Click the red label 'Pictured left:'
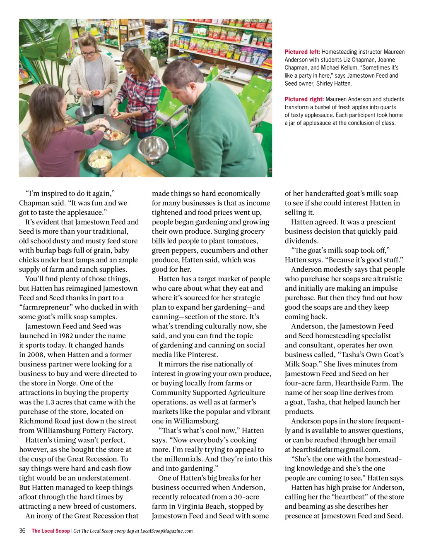[x=302, y=52]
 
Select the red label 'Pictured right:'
[x=304, y=99]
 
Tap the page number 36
[x=22, y=531]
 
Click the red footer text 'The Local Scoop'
[x=51, y=531]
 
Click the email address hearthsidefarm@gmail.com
[x=336, y=450]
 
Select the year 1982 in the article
[x=67, y=336]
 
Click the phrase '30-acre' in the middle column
[x=247, y=497]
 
